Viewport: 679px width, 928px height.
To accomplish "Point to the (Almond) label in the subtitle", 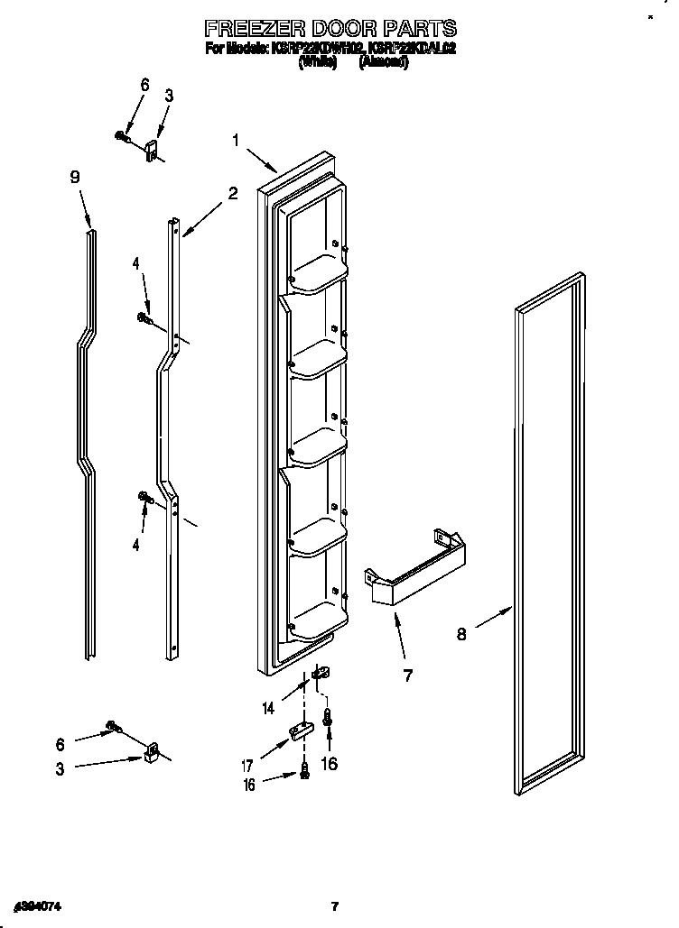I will [x=384, y=63].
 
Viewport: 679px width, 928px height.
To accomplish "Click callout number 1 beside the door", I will [x=236, y=140].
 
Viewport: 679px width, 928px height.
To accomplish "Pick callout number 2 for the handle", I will [x=232, y=193].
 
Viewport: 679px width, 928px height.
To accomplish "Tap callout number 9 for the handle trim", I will [x=75, y=178].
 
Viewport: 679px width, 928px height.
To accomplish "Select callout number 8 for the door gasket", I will [x=461, y=634].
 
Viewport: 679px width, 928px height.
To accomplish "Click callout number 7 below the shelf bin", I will [x=408, y=675].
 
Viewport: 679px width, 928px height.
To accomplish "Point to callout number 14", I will [x=267, y=709].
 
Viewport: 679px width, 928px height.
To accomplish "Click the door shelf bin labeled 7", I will [x=415, y=567].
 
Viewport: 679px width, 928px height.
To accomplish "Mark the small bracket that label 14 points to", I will [x=319, y=673].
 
